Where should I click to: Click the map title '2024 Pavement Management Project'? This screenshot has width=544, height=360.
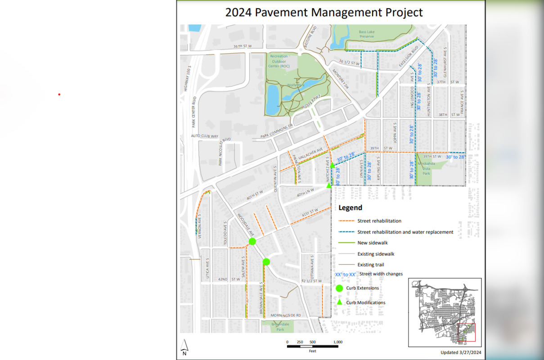coord(324,12)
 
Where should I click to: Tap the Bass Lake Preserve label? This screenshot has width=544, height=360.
coord(367,34)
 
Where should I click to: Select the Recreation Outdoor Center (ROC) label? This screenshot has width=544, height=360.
coord(279,61)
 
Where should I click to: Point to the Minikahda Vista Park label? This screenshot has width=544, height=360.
coord(425,168)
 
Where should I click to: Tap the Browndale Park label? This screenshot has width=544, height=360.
coord(280,326)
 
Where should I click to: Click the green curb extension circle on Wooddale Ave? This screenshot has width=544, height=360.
coord(252,242)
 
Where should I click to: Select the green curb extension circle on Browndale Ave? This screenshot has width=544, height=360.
coord(266,261)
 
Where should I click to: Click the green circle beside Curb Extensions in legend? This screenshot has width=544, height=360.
coord(339,288)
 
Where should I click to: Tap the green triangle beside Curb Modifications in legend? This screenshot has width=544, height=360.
coord(339,302)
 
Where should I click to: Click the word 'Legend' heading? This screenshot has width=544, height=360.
coord(350,208)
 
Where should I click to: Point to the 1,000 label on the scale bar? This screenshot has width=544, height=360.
coord(338,342)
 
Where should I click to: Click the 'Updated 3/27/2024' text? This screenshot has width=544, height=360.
coord(461,353)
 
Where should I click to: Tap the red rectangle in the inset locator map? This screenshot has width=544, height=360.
coord(467,333)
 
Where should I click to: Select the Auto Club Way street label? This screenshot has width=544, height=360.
coord(204,136)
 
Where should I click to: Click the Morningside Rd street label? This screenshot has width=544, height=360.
coord(286,315)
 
